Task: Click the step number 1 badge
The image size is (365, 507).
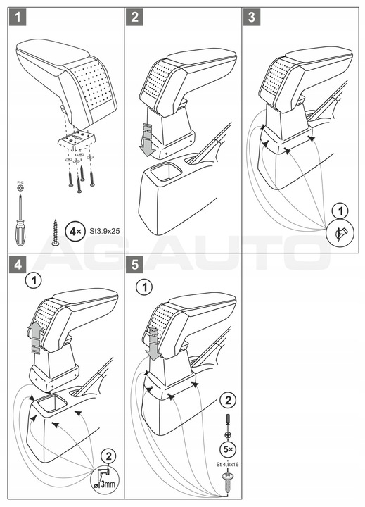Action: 18,16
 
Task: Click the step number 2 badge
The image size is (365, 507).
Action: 135,16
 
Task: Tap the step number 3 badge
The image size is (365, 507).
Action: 252,16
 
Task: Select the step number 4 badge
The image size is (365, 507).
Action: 18,264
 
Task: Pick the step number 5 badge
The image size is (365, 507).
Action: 135,264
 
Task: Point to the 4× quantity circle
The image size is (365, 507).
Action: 75,232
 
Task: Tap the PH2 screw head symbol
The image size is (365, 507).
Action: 21,187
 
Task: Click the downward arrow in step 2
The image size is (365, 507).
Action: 148,140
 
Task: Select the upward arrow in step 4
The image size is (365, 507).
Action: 35,338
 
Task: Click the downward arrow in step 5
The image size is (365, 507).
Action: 153,344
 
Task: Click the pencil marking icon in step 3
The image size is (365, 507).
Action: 340,232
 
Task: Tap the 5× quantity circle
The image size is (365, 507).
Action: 228,449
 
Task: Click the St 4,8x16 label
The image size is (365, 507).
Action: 227,465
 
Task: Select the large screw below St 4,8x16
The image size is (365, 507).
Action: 227,482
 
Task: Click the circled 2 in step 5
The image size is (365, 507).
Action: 228,401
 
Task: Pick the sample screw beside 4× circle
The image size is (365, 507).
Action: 56,232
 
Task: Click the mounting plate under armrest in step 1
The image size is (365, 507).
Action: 77,139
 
